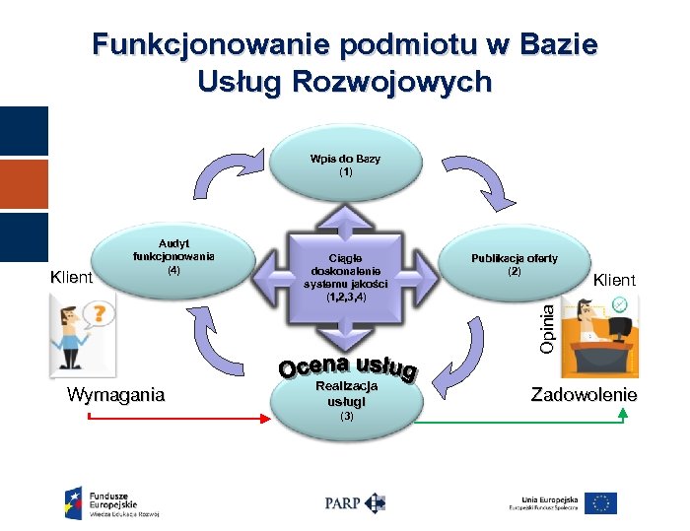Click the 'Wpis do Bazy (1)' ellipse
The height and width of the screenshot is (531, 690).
click(344, 166)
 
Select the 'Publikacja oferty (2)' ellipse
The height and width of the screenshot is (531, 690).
click(514, 265)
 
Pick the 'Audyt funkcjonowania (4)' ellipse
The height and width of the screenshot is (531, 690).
click(173, 261)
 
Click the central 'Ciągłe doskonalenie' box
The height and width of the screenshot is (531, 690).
click(344, 278)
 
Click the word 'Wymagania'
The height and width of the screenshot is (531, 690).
click(115, 395)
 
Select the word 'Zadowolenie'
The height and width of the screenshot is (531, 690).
click(584, 395)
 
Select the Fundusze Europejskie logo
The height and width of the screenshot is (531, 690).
click(111, 502)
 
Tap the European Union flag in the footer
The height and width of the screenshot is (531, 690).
click(599, 503)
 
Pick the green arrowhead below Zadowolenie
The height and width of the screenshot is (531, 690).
click(622, 412)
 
